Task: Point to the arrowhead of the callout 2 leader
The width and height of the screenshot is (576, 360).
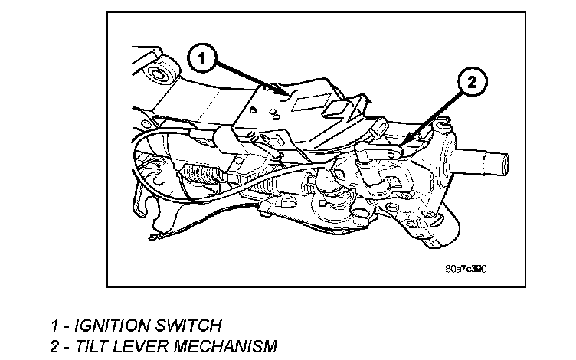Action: click(400, 143)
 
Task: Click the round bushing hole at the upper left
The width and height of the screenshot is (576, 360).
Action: click(160, 76)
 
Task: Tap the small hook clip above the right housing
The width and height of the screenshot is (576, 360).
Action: click(443, 123)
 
